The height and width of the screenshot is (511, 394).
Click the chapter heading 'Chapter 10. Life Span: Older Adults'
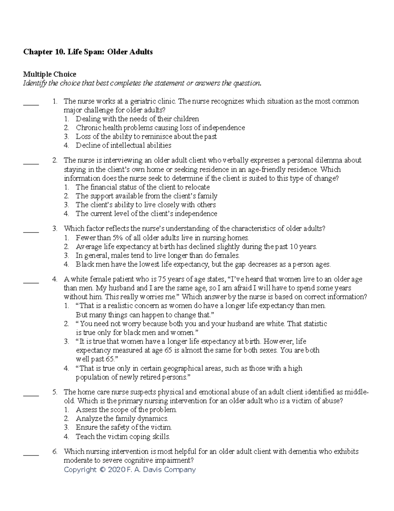[88, 52]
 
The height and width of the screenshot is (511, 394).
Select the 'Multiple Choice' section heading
[49, 74]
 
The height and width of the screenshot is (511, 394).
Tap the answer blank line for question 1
[31, 105]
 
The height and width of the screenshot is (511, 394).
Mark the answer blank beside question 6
[31, 455]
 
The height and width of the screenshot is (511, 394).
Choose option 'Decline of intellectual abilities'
[123, 145]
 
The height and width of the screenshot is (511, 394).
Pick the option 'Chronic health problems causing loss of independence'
[160, 128]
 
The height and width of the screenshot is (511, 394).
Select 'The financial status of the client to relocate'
[142, 187]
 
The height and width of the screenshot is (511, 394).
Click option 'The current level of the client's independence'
[146, 214]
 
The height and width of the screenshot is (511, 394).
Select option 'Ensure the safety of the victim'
[124, 428]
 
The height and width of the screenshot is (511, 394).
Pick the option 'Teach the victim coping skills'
[123, 437]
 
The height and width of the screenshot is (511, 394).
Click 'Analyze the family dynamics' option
[122, 419]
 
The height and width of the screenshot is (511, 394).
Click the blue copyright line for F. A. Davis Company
[130, 470]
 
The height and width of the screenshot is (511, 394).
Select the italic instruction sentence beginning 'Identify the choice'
[142, 83]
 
